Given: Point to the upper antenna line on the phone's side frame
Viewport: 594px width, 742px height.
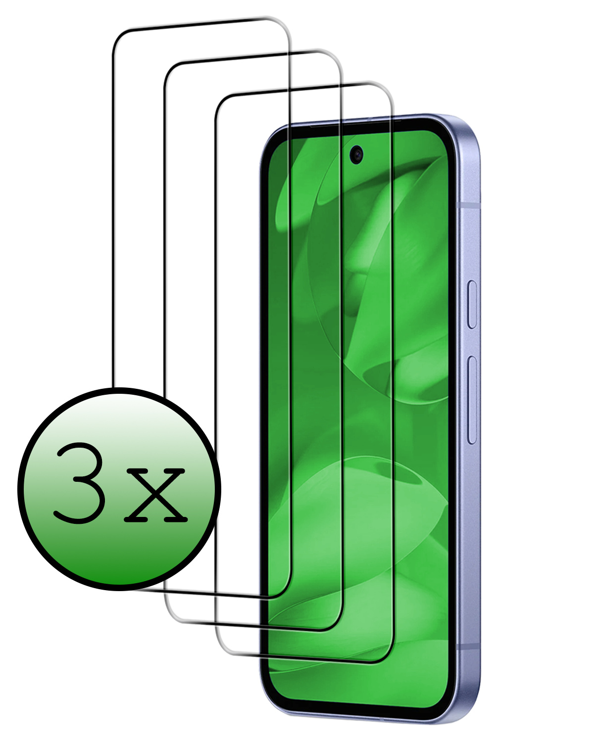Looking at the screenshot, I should [x=470, y=203].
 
